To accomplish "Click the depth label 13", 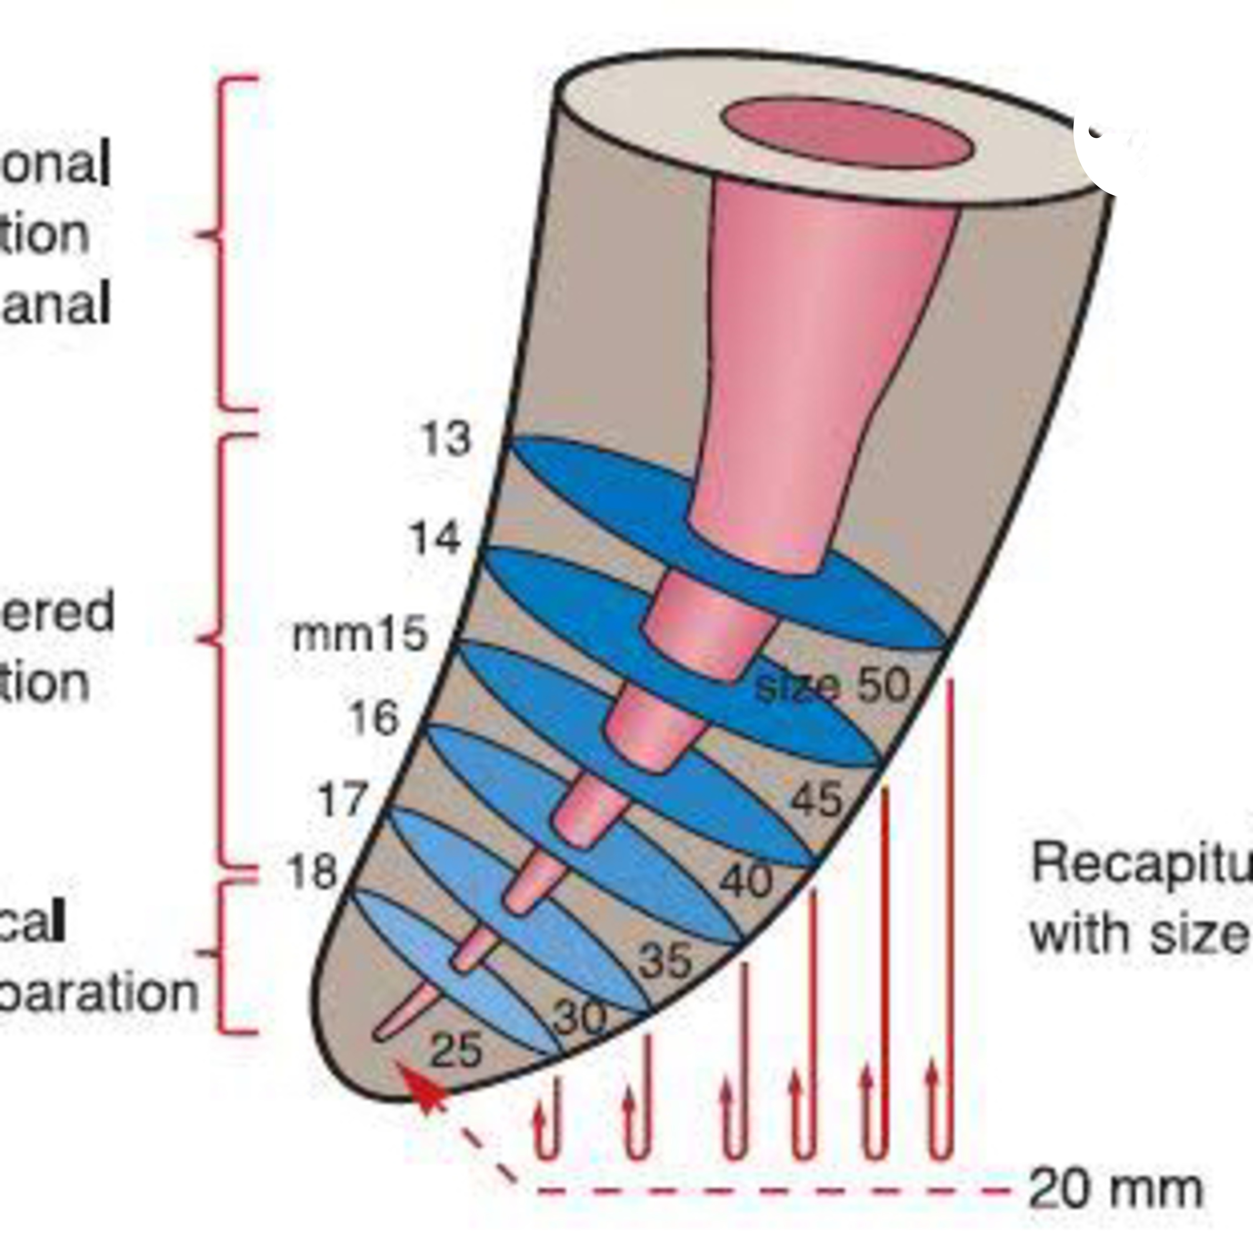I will click(446, 439).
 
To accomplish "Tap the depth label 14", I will click(436, 538).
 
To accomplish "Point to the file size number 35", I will click(665, 961).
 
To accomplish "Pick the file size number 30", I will click(581, 1019).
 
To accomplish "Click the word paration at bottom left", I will click(97, 993).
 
